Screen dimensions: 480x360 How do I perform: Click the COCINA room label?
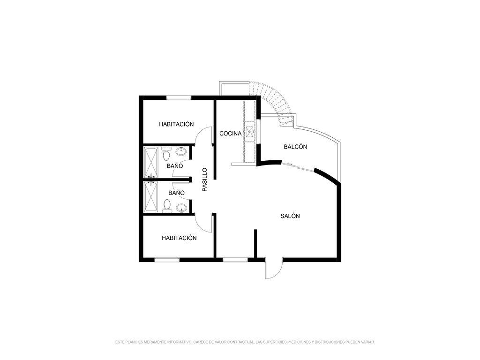(x=231, y=134)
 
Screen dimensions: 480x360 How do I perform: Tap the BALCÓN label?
(x=295, y=147)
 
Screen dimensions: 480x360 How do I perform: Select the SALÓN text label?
(x=290, y=216)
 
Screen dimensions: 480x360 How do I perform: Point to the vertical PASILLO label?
(x=205, y=180)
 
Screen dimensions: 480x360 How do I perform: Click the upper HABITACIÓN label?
(x=176, y=124)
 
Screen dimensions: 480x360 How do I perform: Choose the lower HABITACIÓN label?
(x=179, y=238)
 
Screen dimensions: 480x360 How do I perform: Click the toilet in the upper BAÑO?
(x=166, y=154)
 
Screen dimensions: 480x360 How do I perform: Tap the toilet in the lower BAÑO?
(x=167, y=206)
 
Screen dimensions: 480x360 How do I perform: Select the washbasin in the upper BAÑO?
(x=181, y=151)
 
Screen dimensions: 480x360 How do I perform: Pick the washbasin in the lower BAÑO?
(x=181, y=208)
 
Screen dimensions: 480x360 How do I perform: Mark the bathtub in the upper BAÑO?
(x=151, y=162)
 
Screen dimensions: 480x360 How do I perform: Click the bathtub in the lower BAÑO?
(x=151, y=197)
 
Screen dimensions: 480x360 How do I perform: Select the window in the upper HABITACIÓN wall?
(x=179, y=97)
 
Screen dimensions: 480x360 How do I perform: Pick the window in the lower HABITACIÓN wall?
(x=167, y=260)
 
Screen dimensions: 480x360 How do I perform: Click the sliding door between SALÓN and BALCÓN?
(x=298, y=167)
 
